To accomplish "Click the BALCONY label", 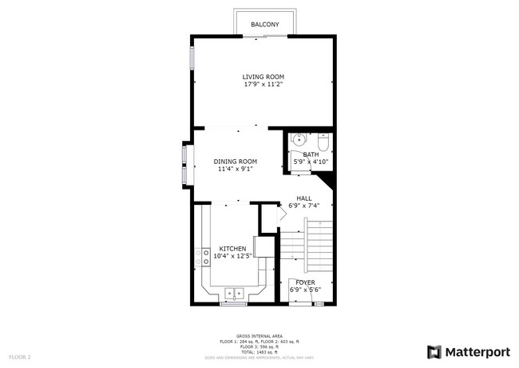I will (x=264, y=25).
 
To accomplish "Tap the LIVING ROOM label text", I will (x=263, y=77).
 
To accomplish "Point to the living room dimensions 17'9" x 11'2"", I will (x=263, y=84).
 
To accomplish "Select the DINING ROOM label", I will (x=235, y=162).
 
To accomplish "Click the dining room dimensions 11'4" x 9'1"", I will (x=235, y=169).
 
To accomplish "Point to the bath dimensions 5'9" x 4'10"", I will (x=311, y=162).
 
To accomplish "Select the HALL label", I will (x=304, y=198).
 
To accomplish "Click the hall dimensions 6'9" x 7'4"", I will (x=304, y=206).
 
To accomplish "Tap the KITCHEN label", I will (x=232, y=249).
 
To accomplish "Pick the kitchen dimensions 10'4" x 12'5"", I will (x=232, y=256).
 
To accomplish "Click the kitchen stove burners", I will (x=205, y=256).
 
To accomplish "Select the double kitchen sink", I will (x=234, y=294).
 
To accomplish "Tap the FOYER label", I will (x=305, y=282).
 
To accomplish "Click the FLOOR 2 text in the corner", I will (x=19, y=356).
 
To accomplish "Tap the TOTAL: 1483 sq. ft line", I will (x=259, y=352).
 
